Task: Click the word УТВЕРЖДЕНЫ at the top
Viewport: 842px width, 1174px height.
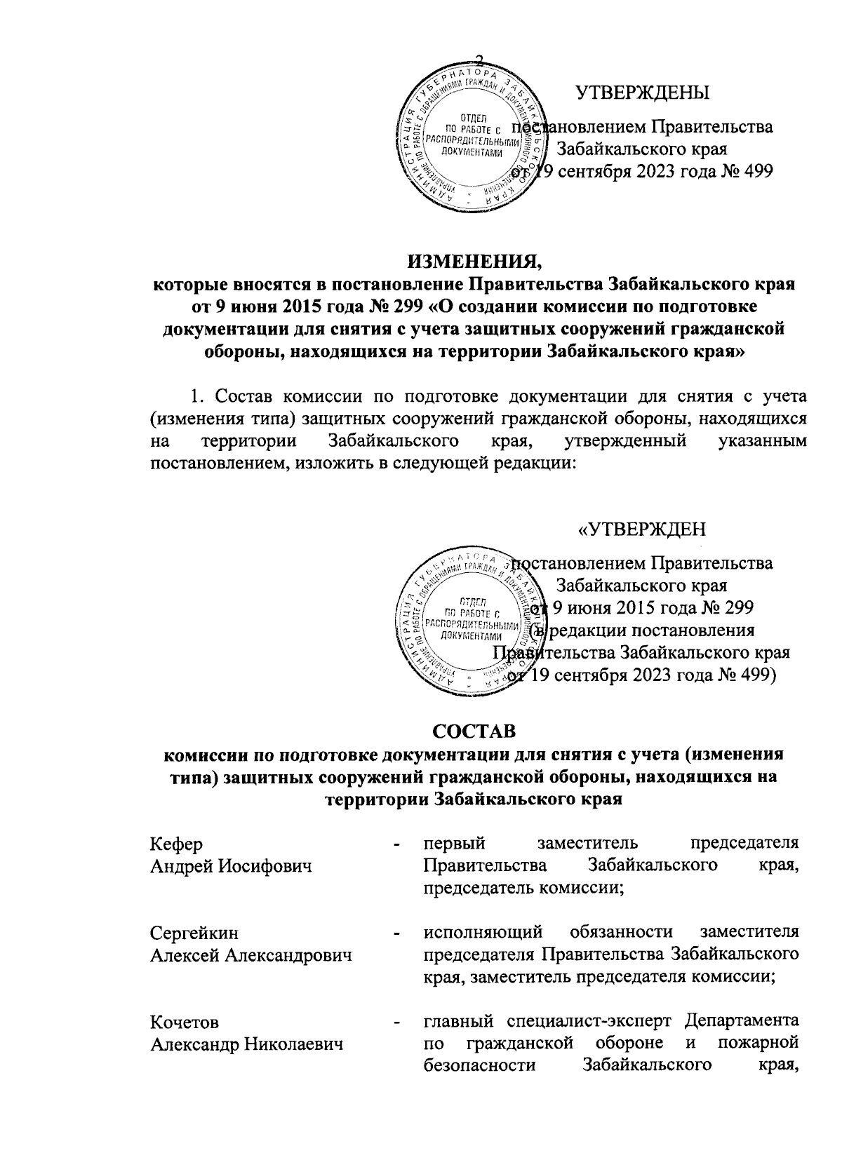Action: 641,93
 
